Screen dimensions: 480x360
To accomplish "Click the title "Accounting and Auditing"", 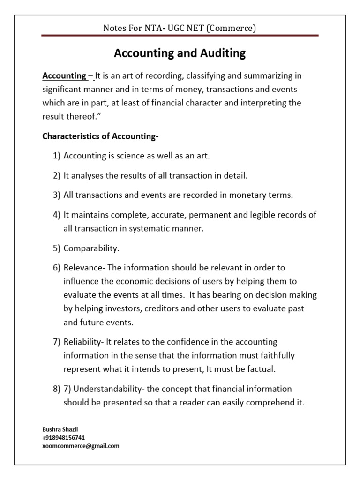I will click(x=180, y=53).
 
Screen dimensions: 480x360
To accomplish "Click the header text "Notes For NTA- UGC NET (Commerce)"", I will click(x=180, y=29).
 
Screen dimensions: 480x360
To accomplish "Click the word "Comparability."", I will click(x=91, y=248).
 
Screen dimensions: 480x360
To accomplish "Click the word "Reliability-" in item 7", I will click(x=86, y=342).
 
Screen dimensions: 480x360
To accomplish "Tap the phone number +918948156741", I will click(x=64, y=437).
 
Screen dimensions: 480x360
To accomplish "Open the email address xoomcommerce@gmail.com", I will click(x=81, y=446).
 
